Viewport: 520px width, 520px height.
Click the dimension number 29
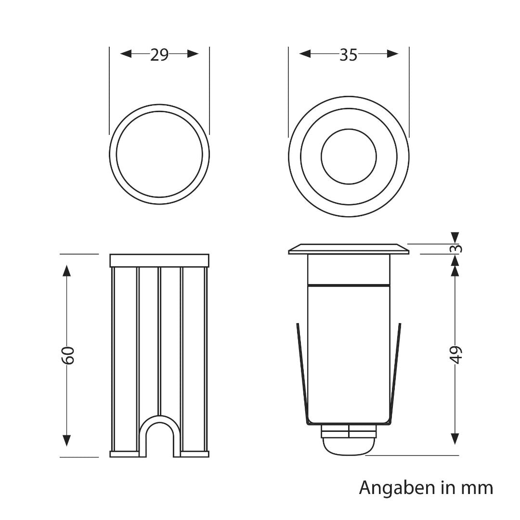[x=159, y=55]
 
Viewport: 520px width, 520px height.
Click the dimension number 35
[x=349, y=55]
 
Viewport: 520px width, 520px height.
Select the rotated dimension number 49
[x=455, y=355]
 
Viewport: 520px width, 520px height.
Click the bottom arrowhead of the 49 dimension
[x=455, y=439]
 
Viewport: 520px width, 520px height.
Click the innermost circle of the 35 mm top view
[x=349, y=156]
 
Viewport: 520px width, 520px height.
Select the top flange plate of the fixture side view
[x=349, y=249]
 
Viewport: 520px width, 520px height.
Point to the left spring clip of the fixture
[x=302, y=371]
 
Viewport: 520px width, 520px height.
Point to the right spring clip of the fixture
[x=395, y=371]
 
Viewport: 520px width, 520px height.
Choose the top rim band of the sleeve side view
[x=159, y=260]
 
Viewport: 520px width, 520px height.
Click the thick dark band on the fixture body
[x=349, y=286]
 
